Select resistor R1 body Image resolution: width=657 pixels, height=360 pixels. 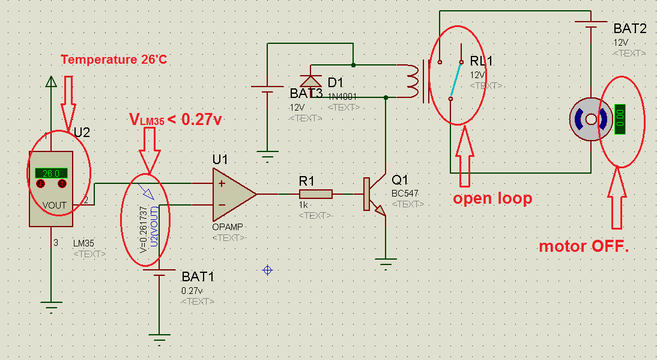coord(315,194)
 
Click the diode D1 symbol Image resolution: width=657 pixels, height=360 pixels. coord(310,81)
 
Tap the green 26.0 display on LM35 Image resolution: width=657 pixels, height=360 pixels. coord(51,173)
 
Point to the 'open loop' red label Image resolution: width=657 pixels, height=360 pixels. coord(492,198)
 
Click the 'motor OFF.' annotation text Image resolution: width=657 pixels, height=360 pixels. coord(583,246)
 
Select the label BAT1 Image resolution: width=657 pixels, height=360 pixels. coord(198,277)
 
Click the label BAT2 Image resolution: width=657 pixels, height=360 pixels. coord(630,28)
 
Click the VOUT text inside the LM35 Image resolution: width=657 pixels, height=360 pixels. coord(55,205)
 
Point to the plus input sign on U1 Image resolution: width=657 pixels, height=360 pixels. coord(222,183)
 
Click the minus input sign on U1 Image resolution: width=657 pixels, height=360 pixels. coord(222,205)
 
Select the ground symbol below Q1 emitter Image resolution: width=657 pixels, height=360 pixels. coord(386,263)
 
